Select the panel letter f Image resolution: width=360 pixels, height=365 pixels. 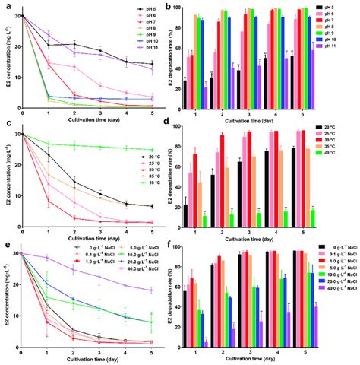pos(176,245)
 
